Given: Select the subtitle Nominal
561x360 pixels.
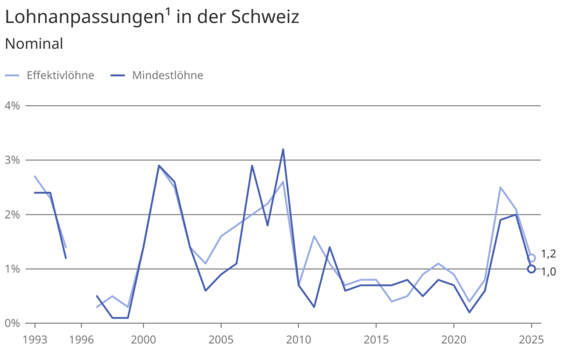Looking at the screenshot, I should click(x=34, y=44).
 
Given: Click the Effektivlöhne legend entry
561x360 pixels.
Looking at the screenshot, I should click(x=60, y=76).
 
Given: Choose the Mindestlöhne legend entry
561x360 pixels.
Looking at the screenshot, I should click(x=167, y=76).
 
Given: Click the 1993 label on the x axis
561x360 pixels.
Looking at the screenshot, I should click(x=35, y=339).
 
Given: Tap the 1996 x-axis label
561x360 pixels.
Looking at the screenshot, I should click(x=81, y=339).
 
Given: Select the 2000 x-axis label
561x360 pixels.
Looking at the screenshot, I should click(x=143, y=339).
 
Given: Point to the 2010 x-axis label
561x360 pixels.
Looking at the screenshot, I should click(x=298, y=339).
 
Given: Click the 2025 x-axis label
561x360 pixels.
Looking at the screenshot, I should click(x=531, y=339).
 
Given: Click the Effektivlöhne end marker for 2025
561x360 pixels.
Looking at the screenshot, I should click(x=531, y=258).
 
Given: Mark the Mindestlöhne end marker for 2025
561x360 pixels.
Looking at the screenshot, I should click(x=531, y=269).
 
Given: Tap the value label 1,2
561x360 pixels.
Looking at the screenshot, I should click(x=548, y=254).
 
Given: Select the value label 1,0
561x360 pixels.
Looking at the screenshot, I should click(x=548, y=271).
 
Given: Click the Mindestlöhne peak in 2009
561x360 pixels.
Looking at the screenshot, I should click(x=283, y=149).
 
